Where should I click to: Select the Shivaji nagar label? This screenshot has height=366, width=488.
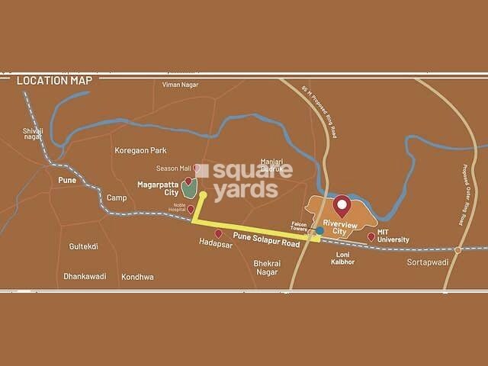click(34, 135)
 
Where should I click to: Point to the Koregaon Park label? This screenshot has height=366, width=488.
click(140, 151)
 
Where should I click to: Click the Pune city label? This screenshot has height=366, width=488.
click(67, 181)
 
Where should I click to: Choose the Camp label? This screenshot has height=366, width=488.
click(117, 197)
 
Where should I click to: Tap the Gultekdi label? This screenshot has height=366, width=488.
click(84, 246)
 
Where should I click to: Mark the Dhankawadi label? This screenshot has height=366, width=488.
click(85, 277)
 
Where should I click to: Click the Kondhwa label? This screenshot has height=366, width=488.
click(137, 277)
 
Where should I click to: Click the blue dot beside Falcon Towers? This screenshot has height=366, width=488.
click(319, 230)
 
